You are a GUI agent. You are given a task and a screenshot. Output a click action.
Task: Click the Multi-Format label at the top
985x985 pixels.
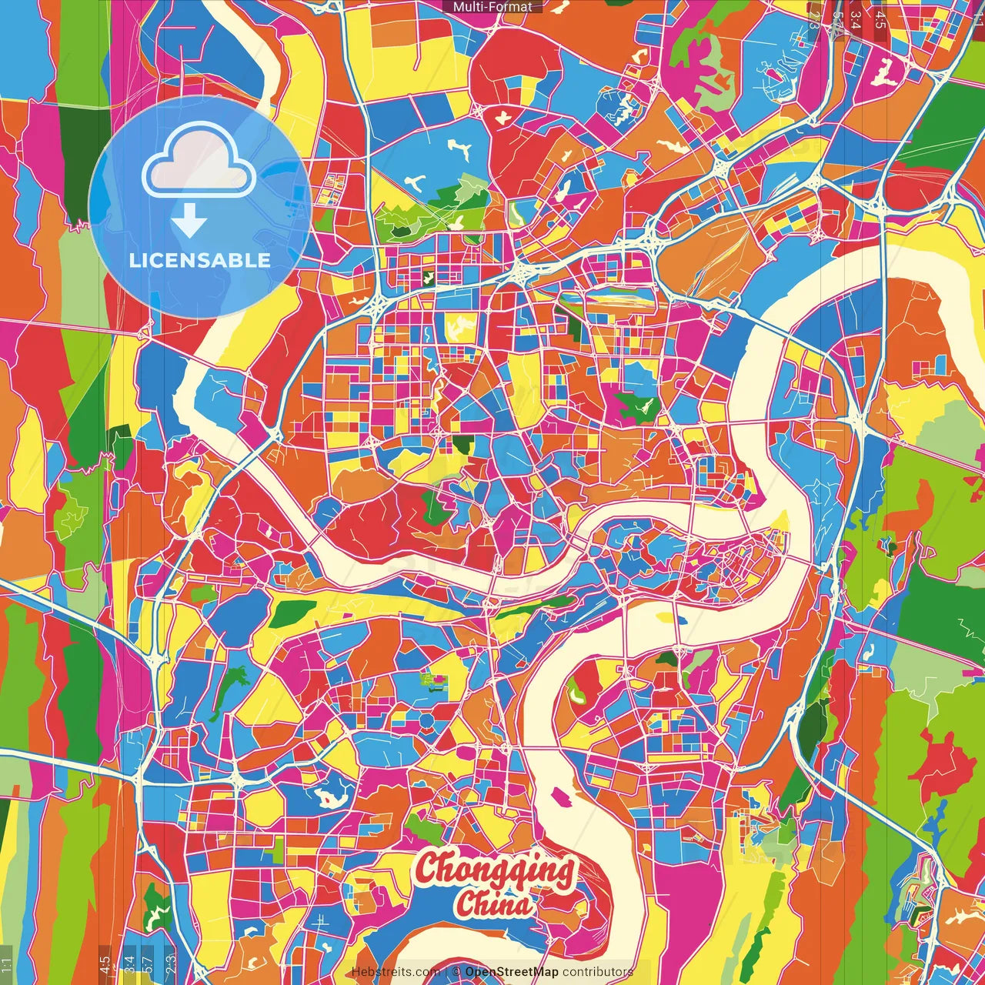coord(492,7)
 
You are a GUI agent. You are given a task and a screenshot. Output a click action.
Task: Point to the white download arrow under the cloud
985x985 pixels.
coord(189,221)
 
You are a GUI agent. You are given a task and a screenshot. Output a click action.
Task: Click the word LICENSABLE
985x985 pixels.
coord(200,260)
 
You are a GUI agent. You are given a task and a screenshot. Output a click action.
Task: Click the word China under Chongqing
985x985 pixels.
coord(492,903)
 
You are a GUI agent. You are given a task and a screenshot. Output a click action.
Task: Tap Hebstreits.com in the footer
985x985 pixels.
coord(396,972)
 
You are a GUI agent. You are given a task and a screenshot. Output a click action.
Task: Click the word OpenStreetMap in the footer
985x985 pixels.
coord(511,972)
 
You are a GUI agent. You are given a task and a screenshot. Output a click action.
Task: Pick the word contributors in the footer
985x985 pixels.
coord(598,972)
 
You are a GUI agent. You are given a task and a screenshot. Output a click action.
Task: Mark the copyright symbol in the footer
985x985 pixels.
coord(456,972)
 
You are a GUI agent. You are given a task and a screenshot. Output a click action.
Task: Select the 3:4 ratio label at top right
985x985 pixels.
coord(856,18)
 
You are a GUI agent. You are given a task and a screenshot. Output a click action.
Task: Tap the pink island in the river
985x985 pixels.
coord(561,797)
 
